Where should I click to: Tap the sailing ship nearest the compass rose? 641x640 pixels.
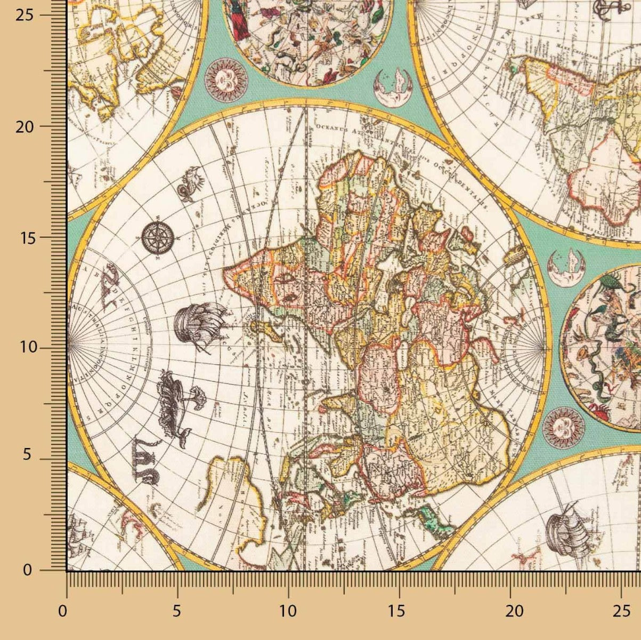click(197, 325)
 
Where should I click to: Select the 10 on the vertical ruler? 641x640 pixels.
click(30, 348)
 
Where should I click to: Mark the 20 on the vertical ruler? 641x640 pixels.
click(30, 126)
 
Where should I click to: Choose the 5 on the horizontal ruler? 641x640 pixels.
click(177, 610)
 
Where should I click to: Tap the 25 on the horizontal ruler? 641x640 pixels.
click(621, 610)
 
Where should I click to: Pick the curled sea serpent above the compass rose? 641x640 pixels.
click(190, 183)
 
